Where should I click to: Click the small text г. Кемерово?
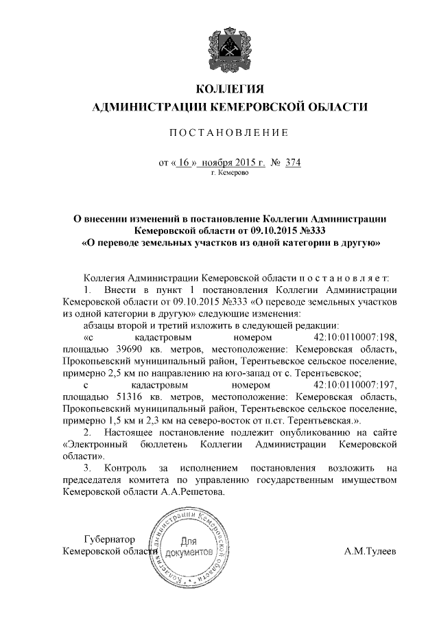229,174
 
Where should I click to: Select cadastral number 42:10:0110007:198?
355,338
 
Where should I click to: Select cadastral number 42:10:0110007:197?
355,386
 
